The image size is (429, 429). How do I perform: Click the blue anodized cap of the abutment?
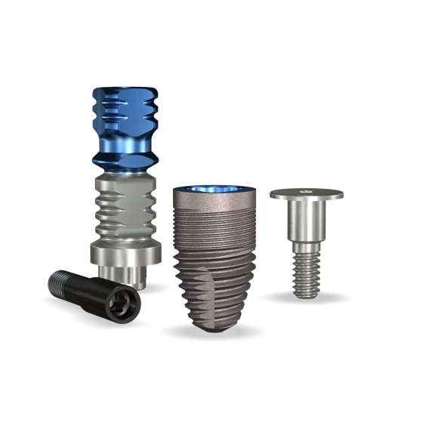coord(124,121)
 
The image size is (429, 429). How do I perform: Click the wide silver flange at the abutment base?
coord(125,253)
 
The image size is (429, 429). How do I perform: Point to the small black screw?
coord(94,294)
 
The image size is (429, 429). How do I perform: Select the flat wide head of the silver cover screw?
coord(307,195)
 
